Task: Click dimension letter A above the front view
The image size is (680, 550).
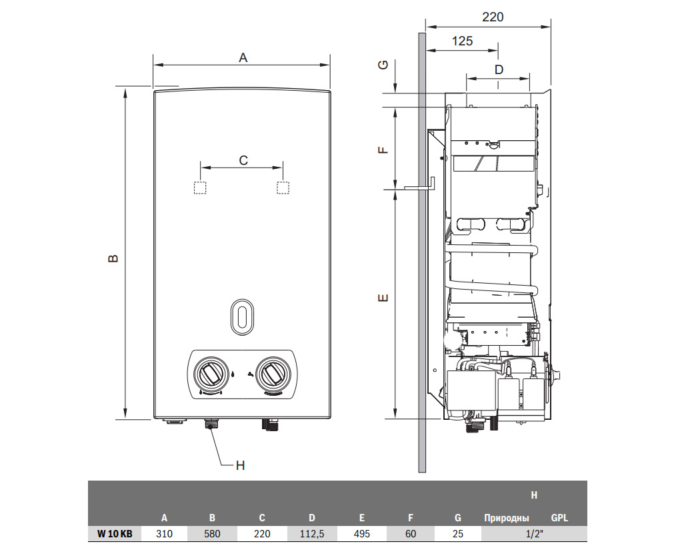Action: coord(243,58)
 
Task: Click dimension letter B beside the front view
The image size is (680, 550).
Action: coord(113,258)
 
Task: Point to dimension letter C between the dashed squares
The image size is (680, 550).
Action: coord(243,160)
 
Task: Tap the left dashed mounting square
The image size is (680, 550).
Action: coord(199,188)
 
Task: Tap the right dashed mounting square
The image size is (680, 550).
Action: coord(283,188)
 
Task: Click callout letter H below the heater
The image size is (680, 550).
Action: coord(241,465)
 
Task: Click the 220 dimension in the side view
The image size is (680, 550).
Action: coord(493,17)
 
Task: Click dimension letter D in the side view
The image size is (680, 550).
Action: coord(498,69)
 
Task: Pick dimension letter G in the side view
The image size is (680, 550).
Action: coord(383,65)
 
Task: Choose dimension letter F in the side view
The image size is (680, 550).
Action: coord(383,148)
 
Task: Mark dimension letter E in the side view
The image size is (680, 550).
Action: coord(383,298)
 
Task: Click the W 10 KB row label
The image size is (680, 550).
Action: coord(115,534)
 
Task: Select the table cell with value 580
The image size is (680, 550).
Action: coord(212,534)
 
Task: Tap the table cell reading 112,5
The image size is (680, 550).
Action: coord(311,534)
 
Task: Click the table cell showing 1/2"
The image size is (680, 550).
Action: coord(534,534)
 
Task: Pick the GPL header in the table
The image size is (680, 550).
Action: coord(560,517)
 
